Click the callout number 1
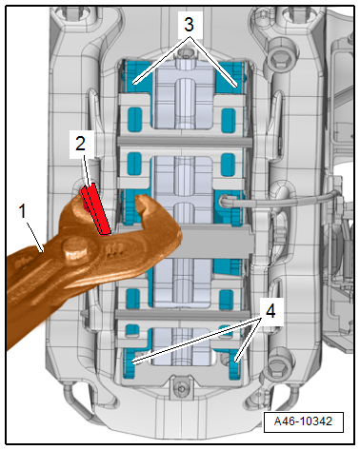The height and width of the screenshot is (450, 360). coord(22,211)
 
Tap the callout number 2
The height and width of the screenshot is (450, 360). coord(81,144)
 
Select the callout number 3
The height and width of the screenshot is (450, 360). coord(189,25)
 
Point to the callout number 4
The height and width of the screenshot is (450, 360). coord(270,311)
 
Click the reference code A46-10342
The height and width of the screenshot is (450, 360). coord(303,421)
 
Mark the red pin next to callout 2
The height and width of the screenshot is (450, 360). coord(96,209)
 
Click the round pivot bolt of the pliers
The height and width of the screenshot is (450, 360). coord(75,249)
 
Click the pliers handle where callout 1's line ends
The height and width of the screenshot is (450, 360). coord(44,252)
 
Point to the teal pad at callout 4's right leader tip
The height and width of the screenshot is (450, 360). coord(235,362)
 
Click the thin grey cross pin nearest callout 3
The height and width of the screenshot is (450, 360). coord(185,142)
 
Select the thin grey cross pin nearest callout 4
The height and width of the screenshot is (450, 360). coord(182,314)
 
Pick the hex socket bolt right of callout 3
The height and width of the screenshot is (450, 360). coord(281,57)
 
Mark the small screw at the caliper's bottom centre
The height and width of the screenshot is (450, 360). coord(181,388)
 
